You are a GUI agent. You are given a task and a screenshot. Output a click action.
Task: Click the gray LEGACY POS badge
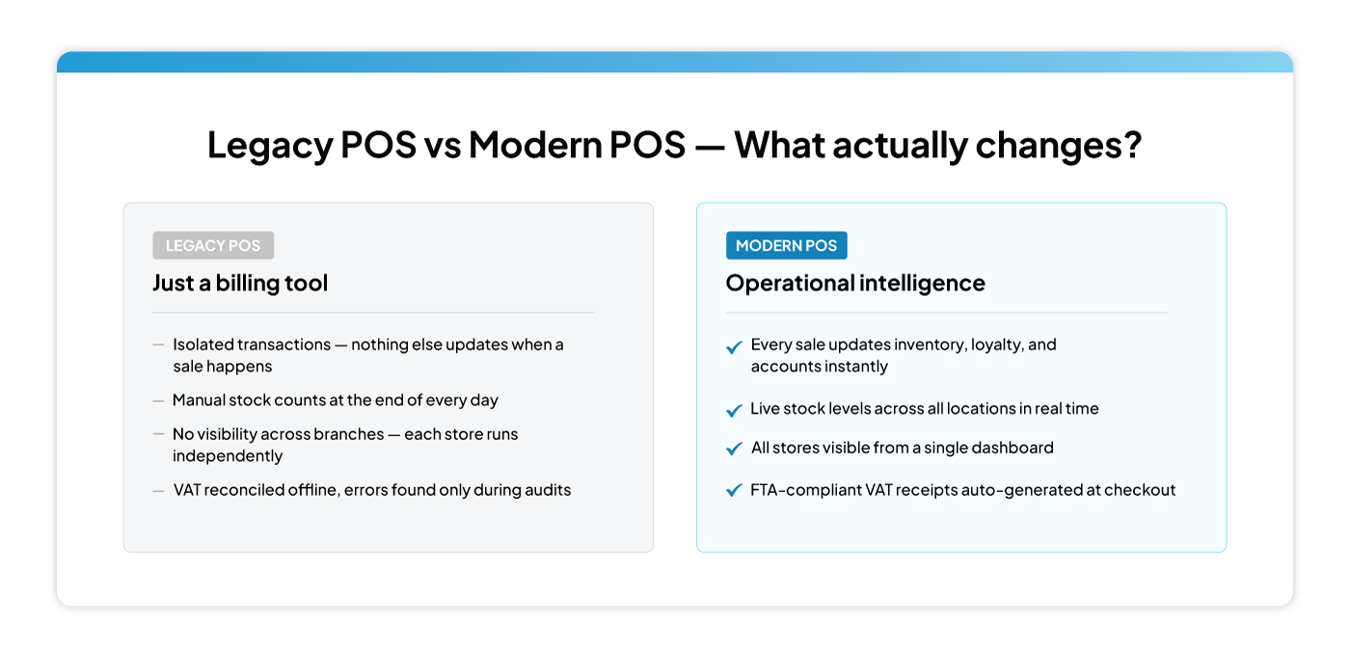(x=213, y=245)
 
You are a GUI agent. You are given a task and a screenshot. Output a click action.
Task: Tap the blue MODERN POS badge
(x=786, y=245)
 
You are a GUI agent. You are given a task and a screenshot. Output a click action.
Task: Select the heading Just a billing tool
(x=240, y=283)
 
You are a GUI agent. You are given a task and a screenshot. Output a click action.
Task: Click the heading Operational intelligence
(x=855, y=283)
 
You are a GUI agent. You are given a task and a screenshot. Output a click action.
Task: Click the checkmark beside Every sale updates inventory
(x=734, y=347)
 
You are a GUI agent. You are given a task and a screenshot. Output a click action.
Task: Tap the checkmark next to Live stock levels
(x=734, y=410)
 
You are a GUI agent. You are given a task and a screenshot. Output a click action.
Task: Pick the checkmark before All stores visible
(x=734, y=450)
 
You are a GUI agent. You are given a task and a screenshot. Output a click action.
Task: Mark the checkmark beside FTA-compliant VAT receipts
(x=734, y=491)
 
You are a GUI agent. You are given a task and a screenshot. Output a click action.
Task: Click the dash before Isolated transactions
(x=158, y=344)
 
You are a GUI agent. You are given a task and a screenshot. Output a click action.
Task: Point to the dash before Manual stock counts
(x=158, y=400)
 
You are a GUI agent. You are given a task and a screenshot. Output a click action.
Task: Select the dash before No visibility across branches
(x=158, y=435)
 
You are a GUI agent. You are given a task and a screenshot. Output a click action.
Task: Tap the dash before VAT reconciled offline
(x=158, y=491)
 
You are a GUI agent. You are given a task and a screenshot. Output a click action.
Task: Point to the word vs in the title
(x=443, y=145)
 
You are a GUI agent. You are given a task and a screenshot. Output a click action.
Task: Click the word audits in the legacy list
(x=546, y=490)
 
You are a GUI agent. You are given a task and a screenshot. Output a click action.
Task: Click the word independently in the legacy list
(x=228, y=455)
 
